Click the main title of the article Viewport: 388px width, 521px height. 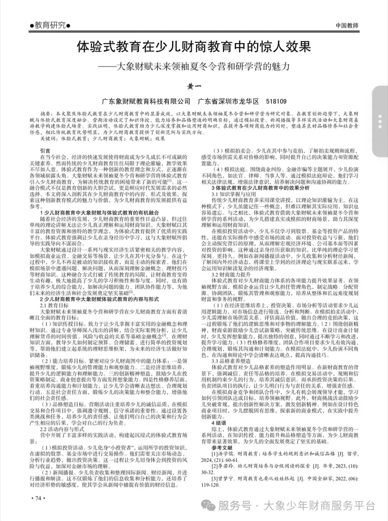(194, 47)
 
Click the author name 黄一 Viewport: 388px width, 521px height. (194, 86)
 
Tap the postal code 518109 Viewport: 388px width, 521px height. (276, 101)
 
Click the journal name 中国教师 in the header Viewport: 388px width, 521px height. (347, 25)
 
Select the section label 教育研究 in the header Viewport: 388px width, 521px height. (50, 25)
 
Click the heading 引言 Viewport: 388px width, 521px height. (45, 151)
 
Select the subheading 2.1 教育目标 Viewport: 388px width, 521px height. (54, 305)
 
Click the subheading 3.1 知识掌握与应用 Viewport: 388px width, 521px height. (234, 194)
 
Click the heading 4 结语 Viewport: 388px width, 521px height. (218, 423)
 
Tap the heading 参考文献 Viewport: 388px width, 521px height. (222, 447)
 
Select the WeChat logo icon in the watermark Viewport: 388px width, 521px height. (208, 506)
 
